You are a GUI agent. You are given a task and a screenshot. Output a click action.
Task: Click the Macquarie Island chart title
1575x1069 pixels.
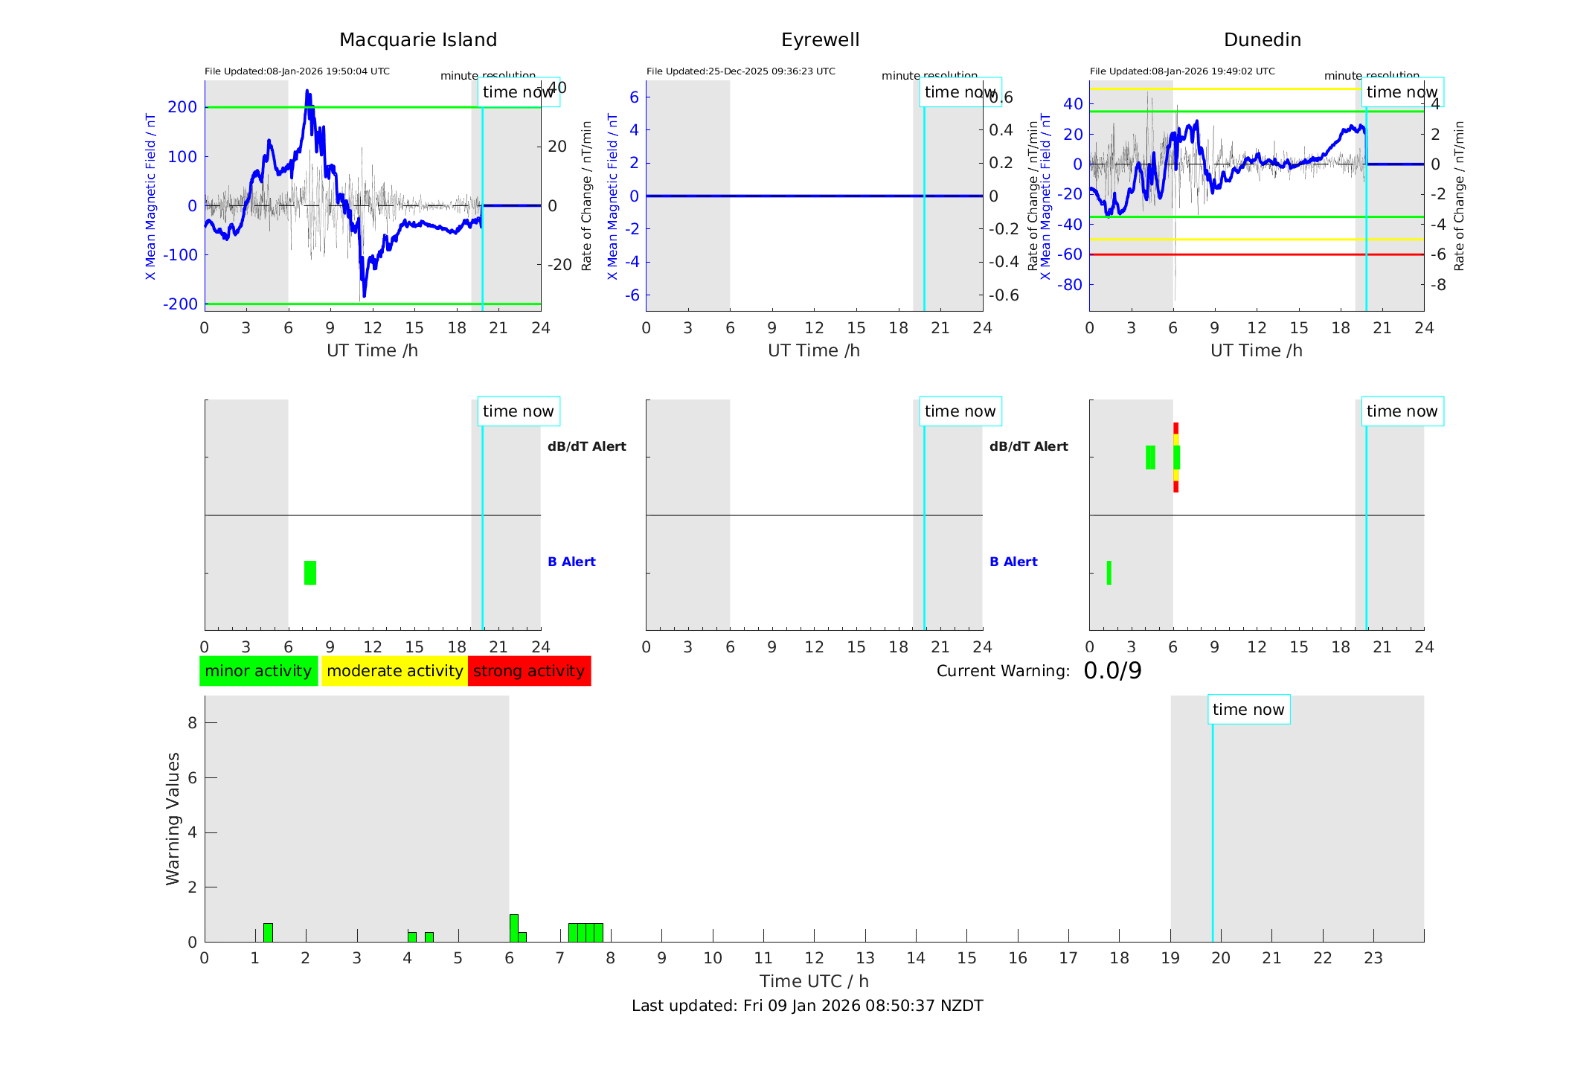tap(417, 39)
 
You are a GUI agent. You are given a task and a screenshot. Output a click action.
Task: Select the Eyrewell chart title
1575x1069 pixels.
tap(820, 39)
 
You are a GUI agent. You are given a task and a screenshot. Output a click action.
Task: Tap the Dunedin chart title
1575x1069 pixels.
tap(1262, 39)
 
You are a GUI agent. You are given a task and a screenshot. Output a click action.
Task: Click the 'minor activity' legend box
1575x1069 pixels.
tap(258, 671)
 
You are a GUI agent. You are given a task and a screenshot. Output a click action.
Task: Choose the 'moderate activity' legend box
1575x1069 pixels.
tap(394, 671)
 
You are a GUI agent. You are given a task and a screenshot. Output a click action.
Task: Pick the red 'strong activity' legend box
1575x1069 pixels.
tap(529, 671)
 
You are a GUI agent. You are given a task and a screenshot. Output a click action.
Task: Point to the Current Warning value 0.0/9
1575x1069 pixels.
tap(1112, 671)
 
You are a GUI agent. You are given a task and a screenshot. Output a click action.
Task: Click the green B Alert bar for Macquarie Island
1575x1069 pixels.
tap(310, 573)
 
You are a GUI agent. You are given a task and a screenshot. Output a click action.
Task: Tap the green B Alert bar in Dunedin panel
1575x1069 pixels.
tap(1109, 573)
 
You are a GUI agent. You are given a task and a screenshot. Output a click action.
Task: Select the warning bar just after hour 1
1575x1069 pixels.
tap(268, 933)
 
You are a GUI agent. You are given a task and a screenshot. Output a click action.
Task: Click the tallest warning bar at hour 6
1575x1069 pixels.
tap(513, 928)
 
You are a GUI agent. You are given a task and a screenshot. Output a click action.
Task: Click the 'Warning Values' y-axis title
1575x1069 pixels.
tap(173, 818)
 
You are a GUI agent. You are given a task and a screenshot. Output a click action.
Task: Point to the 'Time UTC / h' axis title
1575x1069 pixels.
tap(814, 981)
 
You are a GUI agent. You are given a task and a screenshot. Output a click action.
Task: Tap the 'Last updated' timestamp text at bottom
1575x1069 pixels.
tap(807, 1006)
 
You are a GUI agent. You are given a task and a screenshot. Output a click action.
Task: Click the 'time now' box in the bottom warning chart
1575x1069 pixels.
tap(1248, 710)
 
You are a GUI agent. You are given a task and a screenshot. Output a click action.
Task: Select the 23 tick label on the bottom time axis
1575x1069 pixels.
tap(1373, 958)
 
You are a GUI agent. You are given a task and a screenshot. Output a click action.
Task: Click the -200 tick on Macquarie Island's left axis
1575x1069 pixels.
tap(181, 304)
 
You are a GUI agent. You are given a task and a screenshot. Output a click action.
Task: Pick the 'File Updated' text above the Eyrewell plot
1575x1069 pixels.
tap(740, 71)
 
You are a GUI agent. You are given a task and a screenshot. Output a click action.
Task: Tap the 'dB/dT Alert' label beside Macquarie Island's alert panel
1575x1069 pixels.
tap(586, 446)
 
